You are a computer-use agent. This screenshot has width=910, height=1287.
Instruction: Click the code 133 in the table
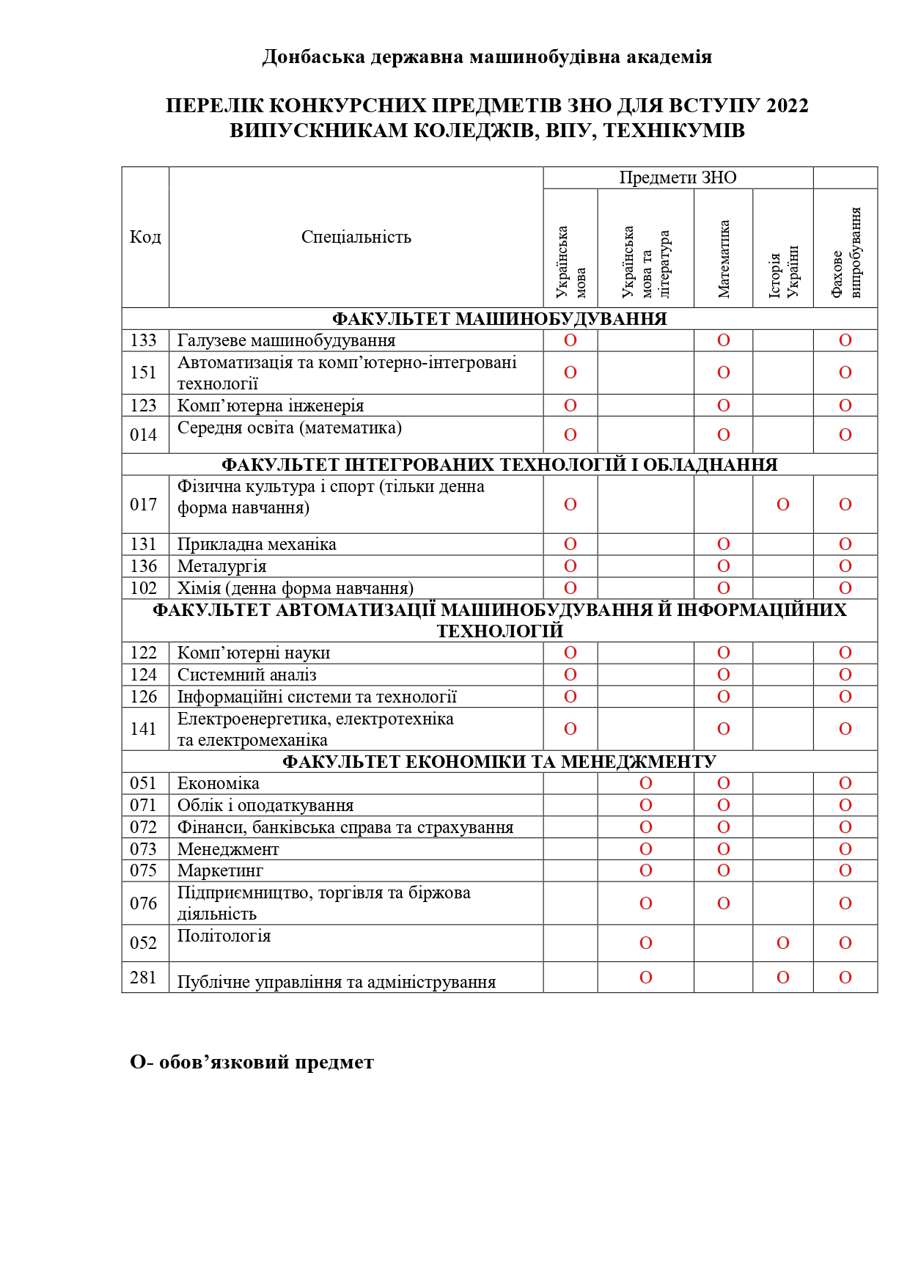(143, 340)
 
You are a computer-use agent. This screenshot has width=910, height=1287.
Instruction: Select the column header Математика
(724, 259)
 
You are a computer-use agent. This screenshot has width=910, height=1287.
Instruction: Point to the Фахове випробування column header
(845, 253)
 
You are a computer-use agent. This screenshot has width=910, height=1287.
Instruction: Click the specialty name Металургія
(221, 566)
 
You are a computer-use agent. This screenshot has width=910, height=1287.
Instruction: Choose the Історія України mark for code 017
(783, 505)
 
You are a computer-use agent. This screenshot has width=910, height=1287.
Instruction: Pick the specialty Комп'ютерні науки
(254, 653)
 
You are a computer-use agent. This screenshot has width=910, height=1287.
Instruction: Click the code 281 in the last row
(143, 978)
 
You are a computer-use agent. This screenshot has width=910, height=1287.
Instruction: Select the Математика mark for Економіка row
(724, 783)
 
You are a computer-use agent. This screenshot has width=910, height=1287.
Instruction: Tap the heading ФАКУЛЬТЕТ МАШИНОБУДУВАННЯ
(499, 319)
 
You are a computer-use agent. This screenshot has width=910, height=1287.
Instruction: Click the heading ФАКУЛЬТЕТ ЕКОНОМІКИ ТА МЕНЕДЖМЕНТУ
(499, 762)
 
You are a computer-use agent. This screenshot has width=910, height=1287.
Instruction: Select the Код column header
(145, 237)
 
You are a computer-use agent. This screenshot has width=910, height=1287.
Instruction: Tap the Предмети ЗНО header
(678, 177)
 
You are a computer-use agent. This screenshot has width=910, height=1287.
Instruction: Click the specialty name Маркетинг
(220, 870)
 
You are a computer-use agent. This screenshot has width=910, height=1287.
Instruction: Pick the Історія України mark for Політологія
(783, 943)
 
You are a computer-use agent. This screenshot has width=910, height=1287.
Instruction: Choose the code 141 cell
(143, 729)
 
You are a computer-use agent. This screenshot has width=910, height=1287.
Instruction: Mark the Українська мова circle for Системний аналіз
(570, 675)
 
